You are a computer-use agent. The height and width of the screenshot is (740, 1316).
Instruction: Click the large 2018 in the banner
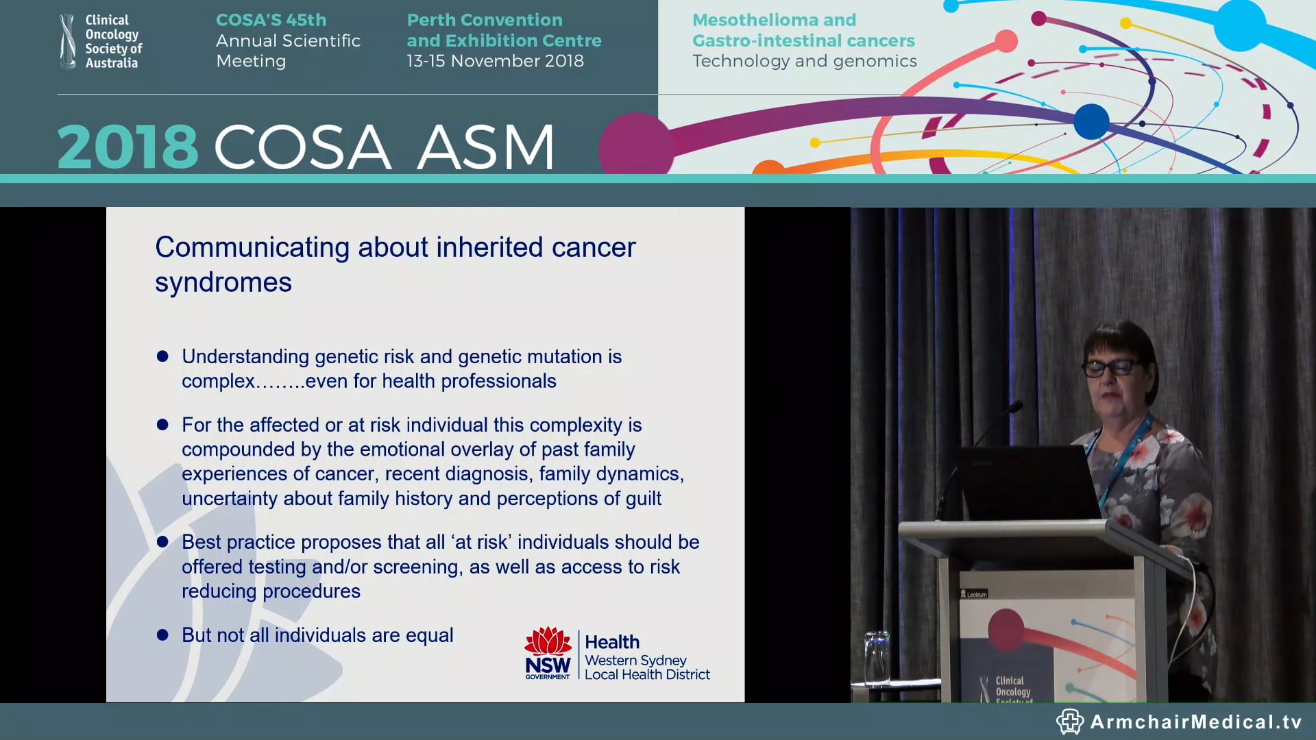click(x=127, y=147)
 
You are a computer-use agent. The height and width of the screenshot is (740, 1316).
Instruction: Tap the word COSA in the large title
click(x=302, y=147)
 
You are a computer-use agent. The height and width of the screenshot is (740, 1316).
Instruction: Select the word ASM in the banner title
click(x=485, y=147)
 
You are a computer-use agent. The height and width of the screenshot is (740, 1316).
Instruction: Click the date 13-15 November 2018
click(x=495, y=61)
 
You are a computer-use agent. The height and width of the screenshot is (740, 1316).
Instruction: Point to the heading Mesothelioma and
click(x=774, y=20)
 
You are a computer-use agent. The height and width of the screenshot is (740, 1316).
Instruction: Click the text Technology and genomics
click(x=804, y=61)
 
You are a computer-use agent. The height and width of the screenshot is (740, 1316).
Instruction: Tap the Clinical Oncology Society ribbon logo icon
click(x=67, y=42)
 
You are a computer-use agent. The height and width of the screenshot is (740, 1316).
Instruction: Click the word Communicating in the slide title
click(x=252, y=247)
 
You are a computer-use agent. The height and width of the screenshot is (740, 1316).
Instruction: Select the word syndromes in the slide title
click(x=223, y=283)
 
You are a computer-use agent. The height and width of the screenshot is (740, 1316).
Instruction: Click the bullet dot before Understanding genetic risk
click(x=162, y=356)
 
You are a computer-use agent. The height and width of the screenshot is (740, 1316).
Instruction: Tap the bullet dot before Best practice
click(x=162, y=542)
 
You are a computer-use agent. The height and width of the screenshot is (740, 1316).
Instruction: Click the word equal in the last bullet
click(x=430, y=636)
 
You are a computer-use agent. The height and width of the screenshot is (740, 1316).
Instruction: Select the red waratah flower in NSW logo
click(x=548, y=641)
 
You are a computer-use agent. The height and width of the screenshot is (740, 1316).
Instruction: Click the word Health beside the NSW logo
click(x=612, y=642)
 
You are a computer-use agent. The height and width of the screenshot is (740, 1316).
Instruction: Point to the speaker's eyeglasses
click(x=1111, y=368)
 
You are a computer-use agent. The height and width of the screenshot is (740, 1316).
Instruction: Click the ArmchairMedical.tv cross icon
click(x=1069, y=721)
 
